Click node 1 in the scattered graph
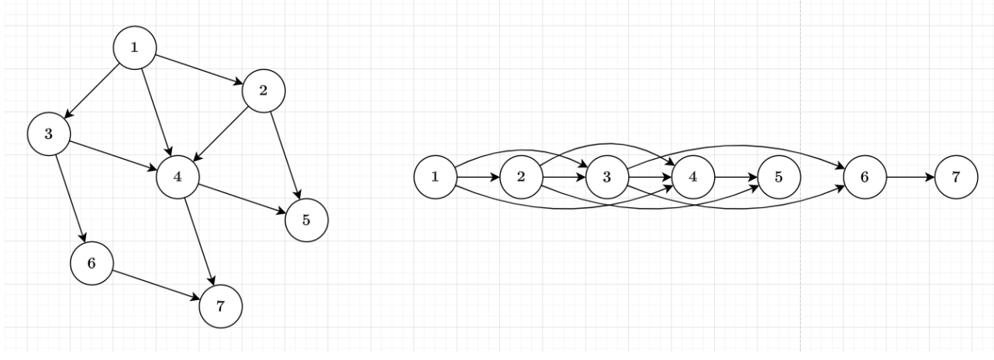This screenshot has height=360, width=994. click(x=135, y=47)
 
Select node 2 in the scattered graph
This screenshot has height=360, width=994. click(x=264, y=91)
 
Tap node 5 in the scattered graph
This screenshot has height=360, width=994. click(x=306, y=220)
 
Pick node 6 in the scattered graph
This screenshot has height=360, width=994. click(x=91, y=263)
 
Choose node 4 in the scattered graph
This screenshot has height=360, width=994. click(x=178, y=176)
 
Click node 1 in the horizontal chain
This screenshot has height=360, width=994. click(x=435, y=176)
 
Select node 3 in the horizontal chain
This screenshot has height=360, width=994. click(x=607, y=176)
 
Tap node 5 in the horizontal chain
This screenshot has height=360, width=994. click(x=779, y=176)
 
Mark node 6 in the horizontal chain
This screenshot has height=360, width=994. click(x=865, y=176)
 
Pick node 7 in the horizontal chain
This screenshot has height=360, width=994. click(x=951, y=176)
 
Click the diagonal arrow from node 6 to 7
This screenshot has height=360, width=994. click(x=156, y=285)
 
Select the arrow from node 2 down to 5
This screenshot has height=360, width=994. click(x=285, y=155)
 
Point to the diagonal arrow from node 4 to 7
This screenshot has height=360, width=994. click(x=199, y=241)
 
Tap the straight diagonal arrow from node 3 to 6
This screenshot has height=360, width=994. click(x=71, y=199)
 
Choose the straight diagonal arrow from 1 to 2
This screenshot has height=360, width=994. click(x=199, y=69)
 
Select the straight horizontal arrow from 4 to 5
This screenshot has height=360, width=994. click(x=736, y=176)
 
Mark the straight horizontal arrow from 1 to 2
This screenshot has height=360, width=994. click(x=478, y=176)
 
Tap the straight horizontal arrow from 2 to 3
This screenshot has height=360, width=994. click(x=564, y=176)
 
